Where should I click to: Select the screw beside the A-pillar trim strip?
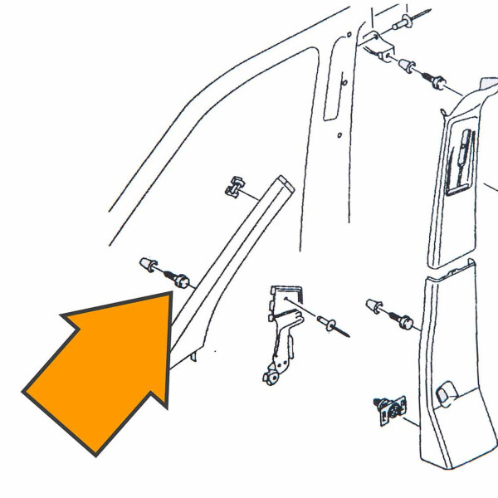(x=178, y=279)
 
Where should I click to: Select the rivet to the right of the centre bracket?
(x=330, y=325)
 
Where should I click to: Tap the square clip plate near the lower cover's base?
(x=391, y=409)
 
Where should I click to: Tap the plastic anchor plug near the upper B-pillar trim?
(x=407, y=66)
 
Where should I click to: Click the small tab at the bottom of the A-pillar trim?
(x=193, y=357)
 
